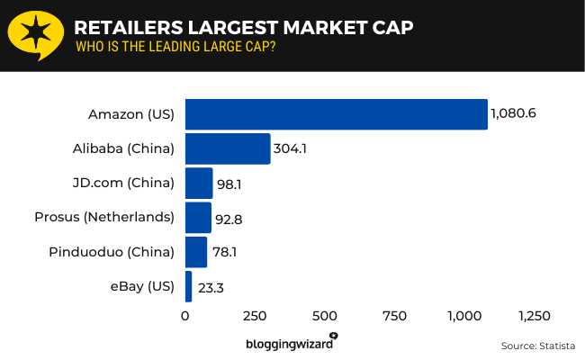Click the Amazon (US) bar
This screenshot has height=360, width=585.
coord(336,114)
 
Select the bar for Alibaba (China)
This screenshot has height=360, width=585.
coord(228,148)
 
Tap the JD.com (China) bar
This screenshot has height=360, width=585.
coord(199,183)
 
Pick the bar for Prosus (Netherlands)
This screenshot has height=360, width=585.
coord(198,217)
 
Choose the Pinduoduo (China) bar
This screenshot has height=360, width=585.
coord(196,251)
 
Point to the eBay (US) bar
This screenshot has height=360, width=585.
coord(189,286)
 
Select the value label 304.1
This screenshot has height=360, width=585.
coord(291,148)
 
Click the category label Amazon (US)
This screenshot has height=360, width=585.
coord(131,114)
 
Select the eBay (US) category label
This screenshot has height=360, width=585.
coord(142,286)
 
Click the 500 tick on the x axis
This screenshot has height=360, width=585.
coord(325,316)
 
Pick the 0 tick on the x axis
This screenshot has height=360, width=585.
coord(185,316)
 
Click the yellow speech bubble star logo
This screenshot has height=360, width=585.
coord(35,35)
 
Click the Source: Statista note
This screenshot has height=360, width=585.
coord(537,346)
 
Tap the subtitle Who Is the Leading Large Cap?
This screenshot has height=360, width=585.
coord(175,47)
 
